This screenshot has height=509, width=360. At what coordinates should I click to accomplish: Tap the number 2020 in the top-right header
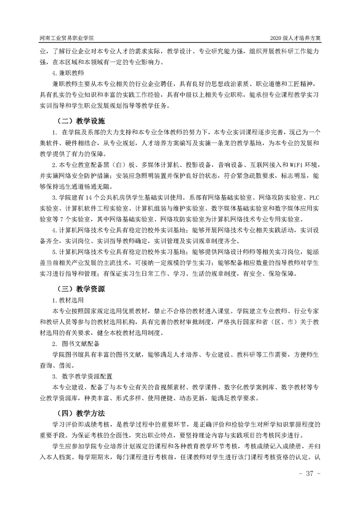[277, 38]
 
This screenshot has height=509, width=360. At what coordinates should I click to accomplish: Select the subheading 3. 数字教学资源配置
[82, 376]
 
